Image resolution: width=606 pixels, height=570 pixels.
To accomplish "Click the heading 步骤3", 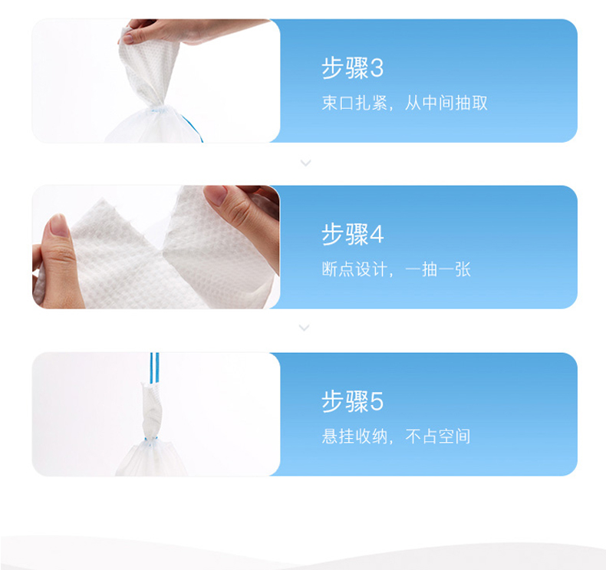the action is click(352, 68).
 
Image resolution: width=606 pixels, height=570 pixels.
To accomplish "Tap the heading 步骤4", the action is click(352, 234).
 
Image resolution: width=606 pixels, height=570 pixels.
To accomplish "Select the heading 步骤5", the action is click(352, 401).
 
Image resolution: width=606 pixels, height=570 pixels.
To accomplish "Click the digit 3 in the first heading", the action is click(377, 69).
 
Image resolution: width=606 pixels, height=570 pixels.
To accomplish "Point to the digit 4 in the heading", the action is click(377, 235).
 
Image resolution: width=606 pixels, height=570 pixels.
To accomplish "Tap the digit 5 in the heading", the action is click(377, 401).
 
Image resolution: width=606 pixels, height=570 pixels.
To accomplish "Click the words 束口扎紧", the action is click(354, 103).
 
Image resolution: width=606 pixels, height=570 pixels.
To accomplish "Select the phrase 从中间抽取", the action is click(446, 103).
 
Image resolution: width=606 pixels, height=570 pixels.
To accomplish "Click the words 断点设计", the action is click(354, 269).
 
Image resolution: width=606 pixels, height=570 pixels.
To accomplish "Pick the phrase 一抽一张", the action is click(438, 269).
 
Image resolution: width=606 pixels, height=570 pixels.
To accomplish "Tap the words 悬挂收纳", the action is click(354, 437).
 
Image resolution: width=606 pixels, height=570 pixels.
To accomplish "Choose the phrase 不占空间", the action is click(438, 437).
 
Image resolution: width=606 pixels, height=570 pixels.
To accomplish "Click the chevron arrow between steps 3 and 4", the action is click(306, 163).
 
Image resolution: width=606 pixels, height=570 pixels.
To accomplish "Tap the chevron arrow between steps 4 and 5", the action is click(305, 328).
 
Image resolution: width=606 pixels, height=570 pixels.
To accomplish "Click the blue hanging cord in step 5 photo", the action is click(154, 368).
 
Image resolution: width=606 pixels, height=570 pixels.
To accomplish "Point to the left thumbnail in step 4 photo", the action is click(58, 226).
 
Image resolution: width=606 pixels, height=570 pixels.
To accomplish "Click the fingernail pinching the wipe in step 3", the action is click(127, 38).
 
